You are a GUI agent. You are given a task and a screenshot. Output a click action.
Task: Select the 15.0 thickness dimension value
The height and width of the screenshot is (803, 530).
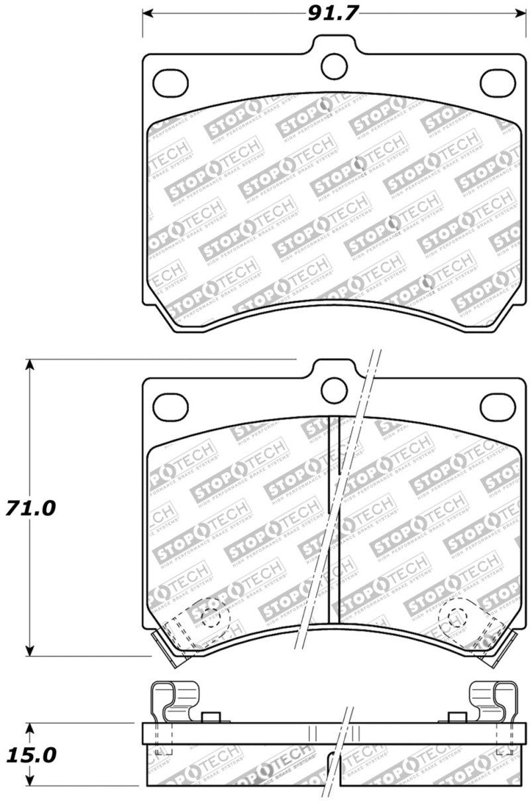(31, 755)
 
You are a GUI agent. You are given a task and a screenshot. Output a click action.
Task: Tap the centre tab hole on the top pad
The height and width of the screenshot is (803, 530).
(334, 64)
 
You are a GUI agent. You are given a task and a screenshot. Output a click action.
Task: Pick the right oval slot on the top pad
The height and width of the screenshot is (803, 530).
(498, 81)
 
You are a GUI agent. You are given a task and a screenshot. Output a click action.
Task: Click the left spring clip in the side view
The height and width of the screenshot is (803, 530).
(174, 702)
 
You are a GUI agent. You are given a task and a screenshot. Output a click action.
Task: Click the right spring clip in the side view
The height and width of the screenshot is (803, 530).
(493, 702)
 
